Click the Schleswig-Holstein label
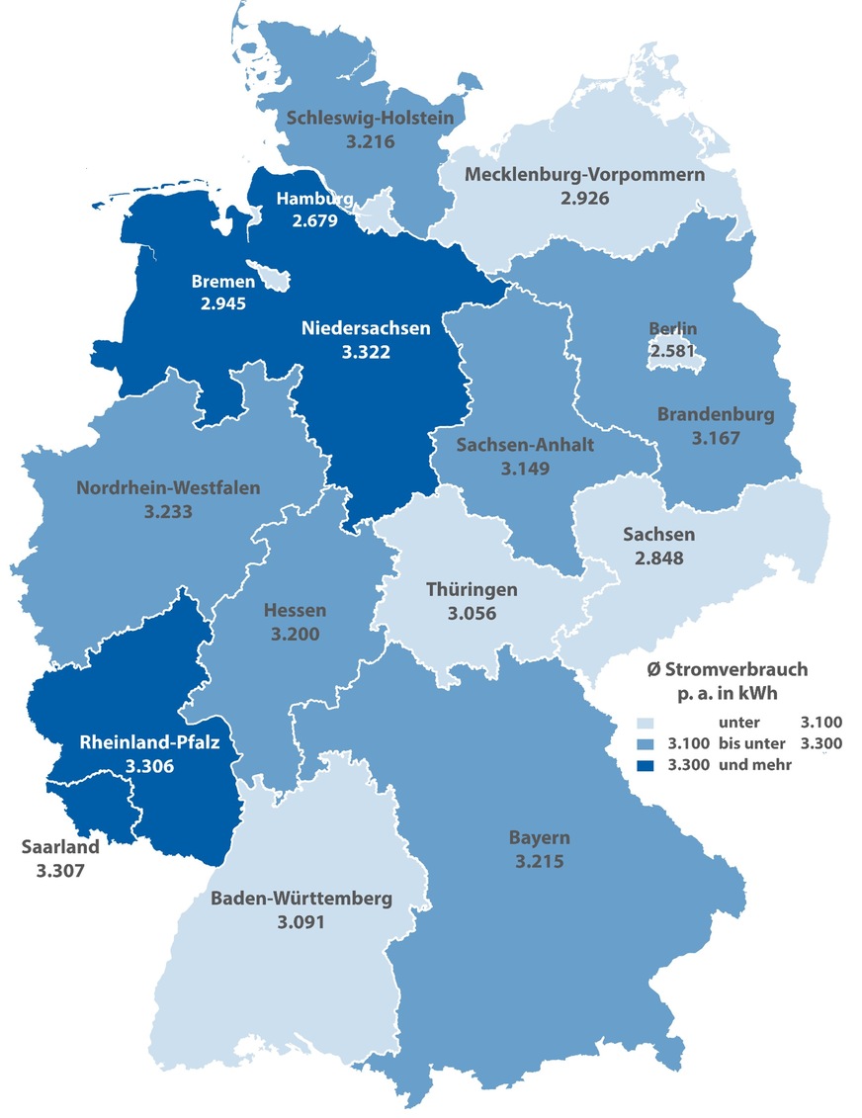tap(371, 119)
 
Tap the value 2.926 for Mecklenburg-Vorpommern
tap(584, 198)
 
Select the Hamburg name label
tap(307, 199)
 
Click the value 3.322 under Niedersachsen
tap(366, 351)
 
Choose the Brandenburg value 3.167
tap(718, 436)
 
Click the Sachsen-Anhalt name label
tap(525, 445)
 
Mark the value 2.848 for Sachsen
tap(658, 557)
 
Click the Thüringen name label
tap(472, 589)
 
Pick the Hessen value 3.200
tap(295, 634)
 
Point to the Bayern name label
tap(539, 838)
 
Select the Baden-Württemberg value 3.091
tap(301, 921)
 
